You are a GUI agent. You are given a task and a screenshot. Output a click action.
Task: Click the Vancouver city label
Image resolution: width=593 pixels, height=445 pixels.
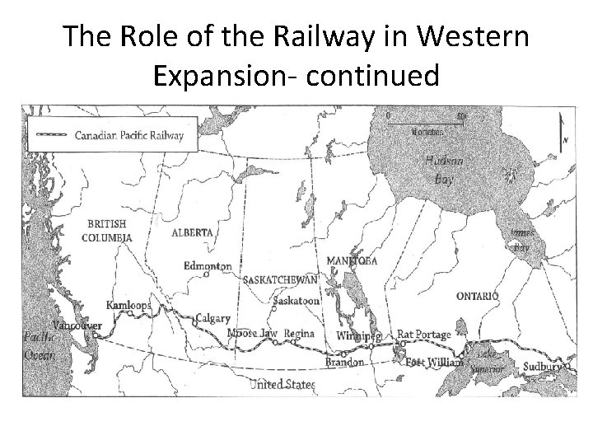coord(77,326)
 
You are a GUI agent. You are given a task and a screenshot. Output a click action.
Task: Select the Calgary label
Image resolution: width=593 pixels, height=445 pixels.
coord(212,318)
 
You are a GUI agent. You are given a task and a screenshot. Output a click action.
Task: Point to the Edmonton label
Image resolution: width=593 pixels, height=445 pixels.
coord(208,266)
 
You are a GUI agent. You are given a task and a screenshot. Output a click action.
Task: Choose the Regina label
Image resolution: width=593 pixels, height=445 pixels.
coord(300,334)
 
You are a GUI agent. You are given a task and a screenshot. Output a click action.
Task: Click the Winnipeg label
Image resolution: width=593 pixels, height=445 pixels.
coord(359,337)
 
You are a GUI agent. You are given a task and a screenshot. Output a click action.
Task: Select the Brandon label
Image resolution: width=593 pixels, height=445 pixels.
coord(345,362)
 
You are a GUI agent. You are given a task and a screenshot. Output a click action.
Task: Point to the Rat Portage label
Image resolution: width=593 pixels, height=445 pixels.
coord(424,335)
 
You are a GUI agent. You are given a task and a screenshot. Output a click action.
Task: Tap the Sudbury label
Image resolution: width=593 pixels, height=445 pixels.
coord(544,365)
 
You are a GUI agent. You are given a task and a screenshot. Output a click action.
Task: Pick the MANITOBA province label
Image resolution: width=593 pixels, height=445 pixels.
coord(352,261)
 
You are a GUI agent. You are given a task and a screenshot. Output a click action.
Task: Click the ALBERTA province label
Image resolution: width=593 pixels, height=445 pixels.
coord(193,232)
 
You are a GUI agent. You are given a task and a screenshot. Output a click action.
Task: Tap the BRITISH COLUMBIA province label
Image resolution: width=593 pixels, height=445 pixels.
coord(107,230)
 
